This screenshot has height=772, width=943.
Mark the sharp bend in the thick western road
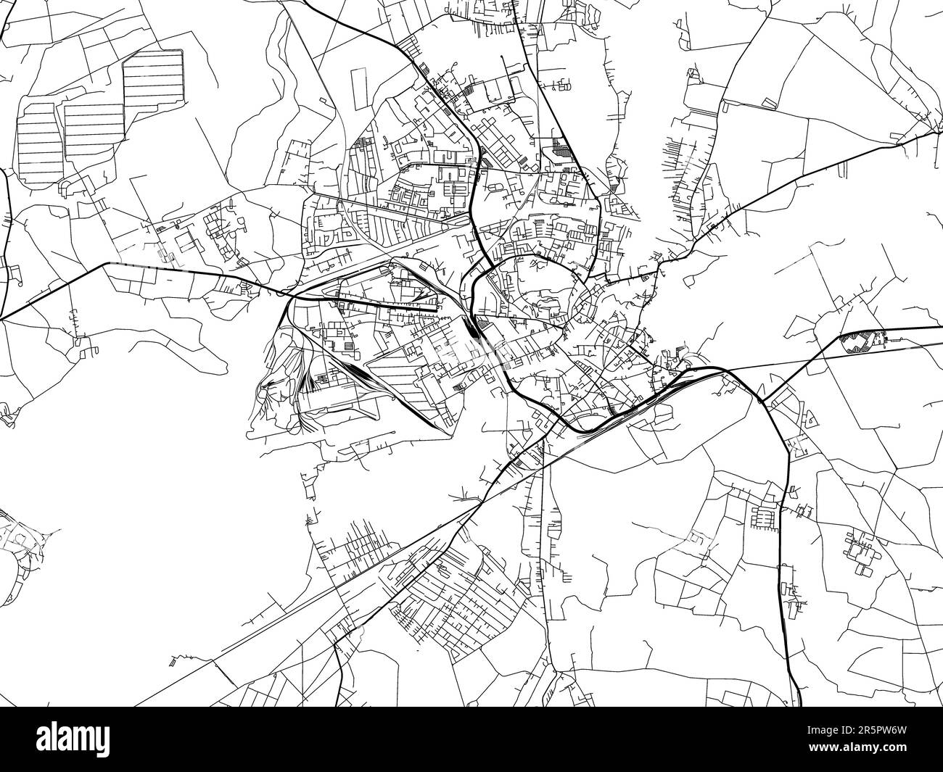point(109,263)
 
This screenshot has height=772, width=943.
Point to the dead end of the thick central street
point(436,310)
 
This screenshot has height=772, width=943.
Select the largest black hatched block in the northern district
point(560,149)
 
